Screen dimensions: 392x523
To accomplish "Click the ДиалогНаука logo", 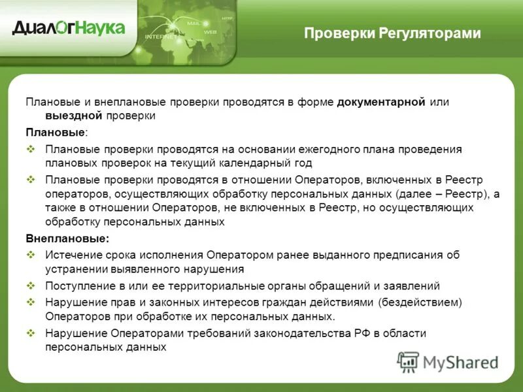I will point(68,27).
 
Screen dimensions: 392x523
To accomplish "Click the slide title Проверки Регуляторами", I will point(392,33).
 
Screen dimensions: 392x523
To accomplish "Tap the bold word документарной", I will point(382,102).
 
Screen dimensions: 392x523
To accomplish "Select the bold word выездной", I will point(54,116).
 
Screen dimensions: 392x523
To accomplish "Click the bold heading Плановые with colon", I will point(56,132).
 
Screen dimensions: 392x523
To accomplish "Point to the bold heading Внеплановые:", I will point(67,238).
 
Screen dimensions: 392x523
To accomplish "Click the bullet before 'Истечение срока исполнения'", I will point(31,255).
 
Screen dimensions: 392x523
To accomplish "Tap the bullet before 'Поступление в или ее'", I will point(31,286).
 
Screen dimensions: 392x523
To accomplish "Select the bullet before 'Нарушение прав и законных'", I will point(31,302).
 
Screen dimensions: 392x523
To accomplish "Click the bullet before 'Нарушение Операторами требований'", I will point(31,333).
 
